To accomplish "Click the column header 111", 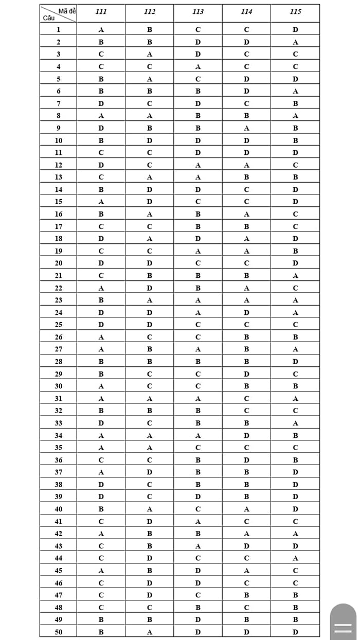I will point(101,12).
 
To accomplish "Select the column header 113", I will point(198,12).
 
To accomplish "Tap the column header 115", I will point(295,12).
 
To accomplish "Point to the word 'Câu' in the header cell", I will point(49,17).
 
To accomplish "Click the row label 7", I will point(58,103).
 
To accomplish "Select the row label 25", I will point(58,325).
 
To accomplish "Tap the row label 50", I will point(58,632).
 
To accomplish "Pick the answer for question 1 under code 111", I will point(101,30).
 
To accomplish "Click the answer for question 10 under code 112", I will point(149,140).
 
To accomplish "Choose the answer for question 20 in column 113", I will point(198,263).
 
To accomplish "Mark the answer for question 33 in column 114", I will point(246,423).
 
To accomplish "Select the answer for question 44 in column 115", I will point(295,558).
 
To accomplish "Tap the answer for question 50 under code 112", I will point(149,632).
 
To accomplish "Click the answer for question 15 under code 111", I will point(101,202).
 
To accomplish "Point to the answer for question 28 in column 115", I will point(295,362).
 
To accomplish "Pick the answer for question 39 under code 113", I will point(198,496).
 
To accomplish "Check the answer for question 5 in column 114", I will point(246,79).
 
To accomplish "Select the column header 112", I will point(150,12).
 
